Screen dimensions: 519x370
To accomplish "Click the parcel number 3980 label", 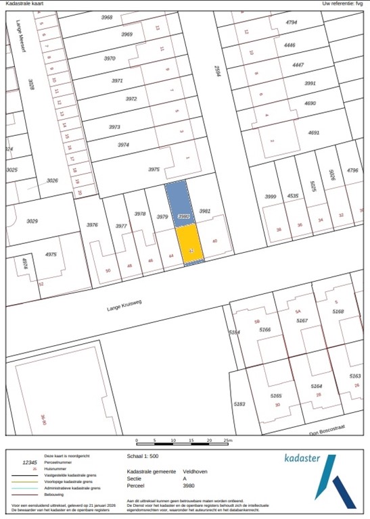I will click(182, 216).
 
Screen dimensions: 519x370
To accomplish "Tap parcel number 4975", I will click(51, 255).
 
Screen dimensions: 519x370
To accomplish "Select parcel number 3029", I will click(32, 222).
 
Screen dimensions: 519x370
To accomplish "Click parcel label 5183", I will click(239, 404).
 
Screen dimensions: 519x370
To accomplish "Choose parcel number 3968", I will click(107, 18).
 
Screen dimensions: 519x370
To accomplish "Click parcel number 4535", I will click(292, 196).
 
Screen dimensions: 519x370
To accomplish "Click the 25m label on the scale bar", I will click(228, 441).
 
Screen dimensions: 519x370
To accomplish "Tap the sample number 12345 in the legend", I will click(30, 462).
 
